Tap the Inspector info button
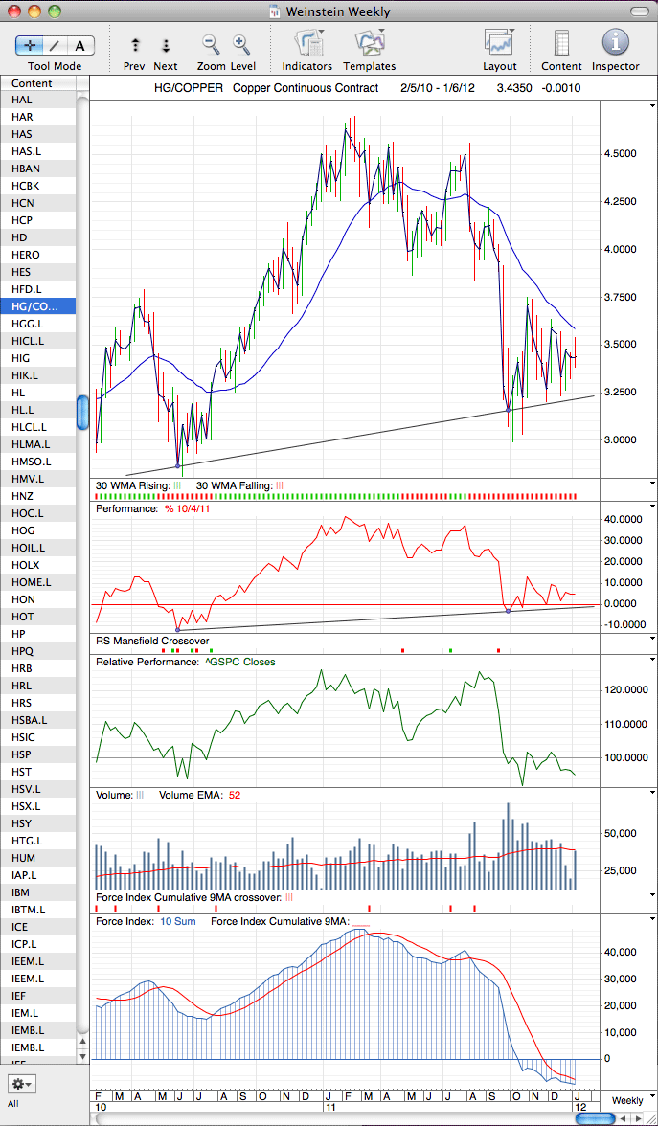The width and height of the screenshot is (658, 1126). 616,43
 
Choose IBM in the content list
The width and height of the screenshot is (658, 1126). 20,892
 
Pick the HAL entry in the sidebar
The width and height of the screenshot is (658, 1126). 21,100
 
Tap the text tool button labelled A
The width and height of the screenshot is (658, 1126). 79,46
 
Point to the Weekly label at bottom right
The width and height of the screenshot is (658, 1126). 627,1100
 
